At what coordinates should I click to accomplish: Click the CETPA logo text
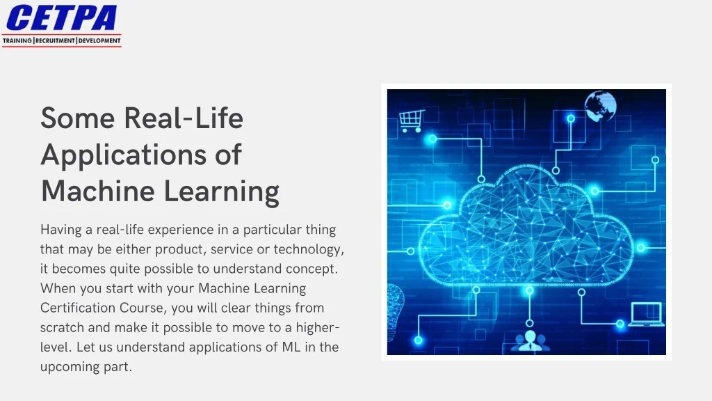61,17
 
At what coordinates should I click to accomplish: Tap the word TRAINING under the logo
17,41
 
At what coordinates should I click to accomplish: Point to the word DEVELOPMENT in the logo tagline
99,41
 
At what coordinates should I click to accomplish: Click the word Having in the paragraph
61,230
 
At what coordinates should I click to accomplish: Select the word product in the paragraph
177,249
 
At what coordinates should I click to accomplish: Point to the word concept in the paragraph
312,269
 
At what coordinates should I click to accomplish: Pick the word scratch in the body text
64,327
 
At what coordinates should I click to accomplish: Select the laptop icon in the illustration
646,314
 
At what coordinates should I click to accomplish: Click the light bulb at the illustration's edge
395,302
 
